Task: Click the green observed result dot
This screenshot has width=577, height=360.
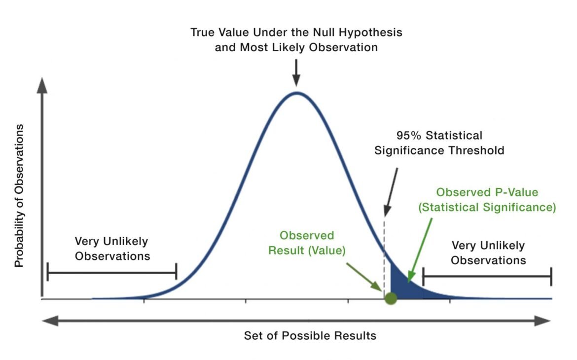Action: tap(391, 298)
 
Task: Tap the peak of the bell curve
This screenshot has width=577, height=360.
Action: tap(296, 92)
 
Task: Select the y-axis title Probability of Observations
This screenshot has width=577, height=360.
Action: tap(19, 195)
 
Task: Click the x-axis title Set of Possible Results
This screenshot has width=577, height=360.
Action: tap(310, 336)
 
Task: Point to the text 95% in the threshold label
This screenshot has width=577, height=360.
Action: tap(408, 136)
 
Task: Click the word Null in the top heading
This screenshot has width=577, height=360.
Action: tap(325, 33)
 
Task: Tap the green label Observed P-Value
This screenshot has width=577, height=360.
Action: tap(487, 192)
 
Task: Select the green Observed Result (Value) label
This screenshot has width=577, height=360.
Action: tap(307, 243)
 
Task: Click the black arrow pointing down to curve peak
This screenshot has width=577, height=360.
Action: tap(296, 73)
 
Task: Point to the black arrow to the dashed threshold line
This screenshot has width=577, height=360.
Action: tap(391, 192)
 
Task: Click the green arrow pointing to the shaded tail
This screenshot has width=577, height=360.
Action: tap(420, 251)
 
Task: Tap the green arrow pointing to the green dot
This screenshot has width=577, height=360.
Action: tap(364, 277)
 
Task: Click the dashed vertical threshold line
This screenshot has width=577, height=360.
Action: tap(385, 257)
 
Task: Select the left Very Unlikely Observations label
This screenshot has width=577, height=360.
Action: tap(112, 249)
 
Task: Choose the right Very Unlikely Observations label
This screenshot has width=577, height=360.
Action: tap(488, 253)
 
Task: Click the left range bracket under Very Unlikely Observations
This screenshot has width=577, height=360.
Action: tap(112, 272)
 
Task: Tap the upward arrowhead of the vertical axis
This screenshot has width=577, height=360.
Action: tap(42, 85)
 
